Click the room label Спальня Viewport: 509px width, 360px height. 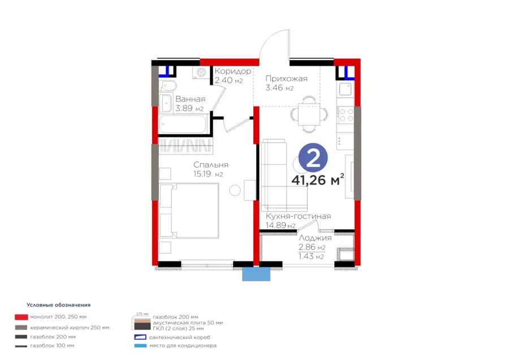211,165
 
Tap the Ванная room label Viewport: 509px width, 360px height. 190,99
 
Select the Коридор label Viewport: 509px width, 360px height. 233,71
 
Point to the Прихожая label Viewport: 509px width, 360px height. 286,79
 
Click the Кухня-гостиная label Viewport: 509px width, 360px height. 298,216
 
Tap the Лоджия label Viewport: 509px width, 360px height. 315,238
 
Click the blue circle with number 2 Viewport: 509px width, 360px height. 313,157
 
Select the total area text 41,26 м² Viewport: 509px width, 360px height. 317,179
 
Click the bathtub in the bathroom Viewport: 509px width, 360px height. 183,124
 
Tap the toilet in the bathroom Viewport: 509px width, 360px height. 168,86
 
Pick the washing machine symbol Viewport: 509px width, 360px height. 201,72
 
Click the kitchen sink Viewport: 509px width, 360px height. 345,88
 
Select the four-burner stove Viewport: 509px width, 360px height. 346,115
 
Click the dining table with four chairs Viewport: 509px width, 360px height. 309,114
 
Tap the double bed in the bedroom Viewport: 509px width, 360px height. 189,211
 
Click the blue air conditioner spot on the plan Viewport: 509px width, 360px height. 256,274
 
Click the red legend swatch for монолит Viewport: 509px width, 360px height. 21,317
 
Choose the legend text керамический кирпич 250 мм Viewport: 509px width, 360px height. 70,328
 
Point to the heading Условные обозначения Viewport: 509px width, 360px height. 58,305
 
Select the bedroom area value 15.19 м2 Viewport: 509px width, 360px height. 208,174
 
